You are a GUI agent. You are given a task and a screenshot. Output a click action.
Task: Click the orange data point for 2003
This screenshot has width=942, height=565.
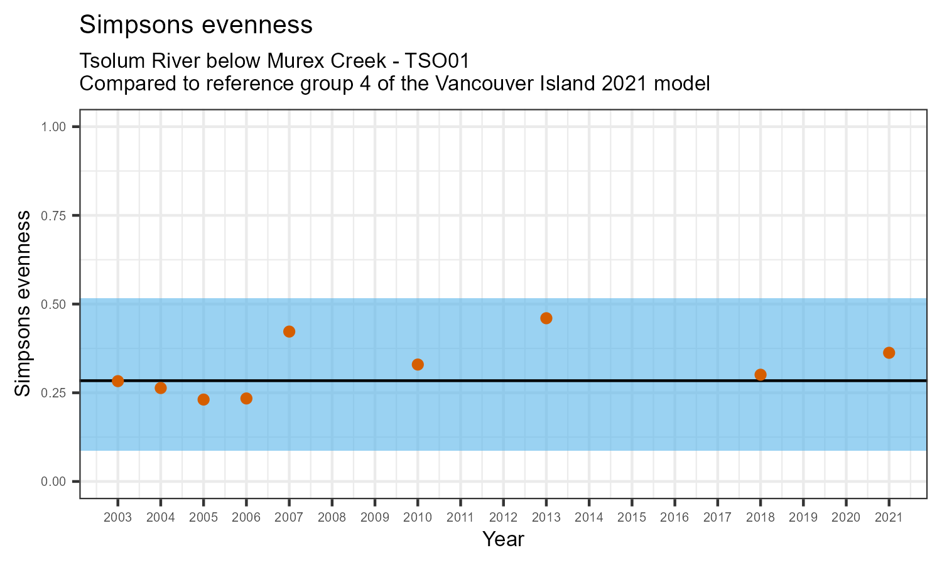click(117, 381)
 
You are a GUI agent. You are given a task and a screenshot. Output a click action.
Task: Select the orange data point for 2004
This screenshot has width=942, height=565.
click(161, 388)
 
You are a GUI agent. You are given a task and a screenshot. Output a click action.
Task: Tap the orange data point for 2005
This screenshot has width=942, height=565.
click(203, 399)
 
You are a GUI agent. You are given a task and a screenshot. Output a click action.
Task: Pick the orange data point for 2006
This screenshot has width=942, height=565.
click(246, 399)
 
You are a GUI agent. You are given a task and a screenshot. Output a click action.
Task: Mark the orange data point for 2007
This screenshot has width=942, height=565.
click(289, 331)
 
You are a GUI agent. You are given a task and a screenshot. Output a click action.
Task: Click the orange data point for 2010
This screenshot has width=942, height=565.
click(418, 364)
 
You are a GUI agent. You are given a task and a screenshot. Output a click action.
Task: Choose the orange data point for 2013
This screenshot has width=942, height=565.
click(546, 318)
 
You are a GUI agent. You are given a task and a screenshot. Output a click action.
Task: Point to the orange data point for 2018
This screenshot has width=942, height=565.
click(761, 375)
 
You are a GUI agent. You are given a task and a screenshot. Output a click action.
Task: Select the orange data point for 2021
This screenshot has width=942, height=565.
click(889, 353)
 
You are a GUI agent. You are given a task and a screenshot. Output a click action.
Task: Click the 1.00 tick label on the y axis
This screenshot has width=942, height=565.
click(53, 127)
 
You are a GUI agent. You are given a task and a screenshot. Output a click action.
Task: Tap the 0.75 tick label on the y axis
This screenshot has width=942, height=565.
click(53, 215)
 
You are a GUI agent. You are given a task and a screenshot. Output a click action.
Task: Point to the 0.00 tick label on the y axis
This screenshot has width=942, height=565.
click(53, 482)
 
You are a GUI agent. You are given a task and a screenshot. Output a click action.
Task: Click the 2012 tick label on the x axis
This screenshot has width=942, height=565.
click(503, 518)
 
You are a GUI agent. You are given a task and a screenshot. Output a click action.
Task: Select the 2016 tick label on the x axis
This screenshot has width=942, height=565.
click(674, 518)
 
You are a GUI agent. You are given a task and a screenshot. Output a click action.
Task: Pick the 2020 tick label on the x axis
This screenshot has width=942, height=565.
click(846, 518)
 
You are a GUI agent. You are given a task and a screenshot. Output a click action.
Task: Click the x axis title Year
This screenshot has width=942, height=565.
click(503, 539)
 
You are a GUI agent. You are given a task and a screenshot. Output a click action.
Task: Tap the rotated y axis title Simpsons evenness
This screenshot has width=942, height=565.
click(23, 304)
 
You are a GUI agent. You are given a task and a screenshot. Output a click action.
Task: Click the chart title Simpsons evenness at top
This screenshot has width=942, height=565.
click(196, 25)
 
